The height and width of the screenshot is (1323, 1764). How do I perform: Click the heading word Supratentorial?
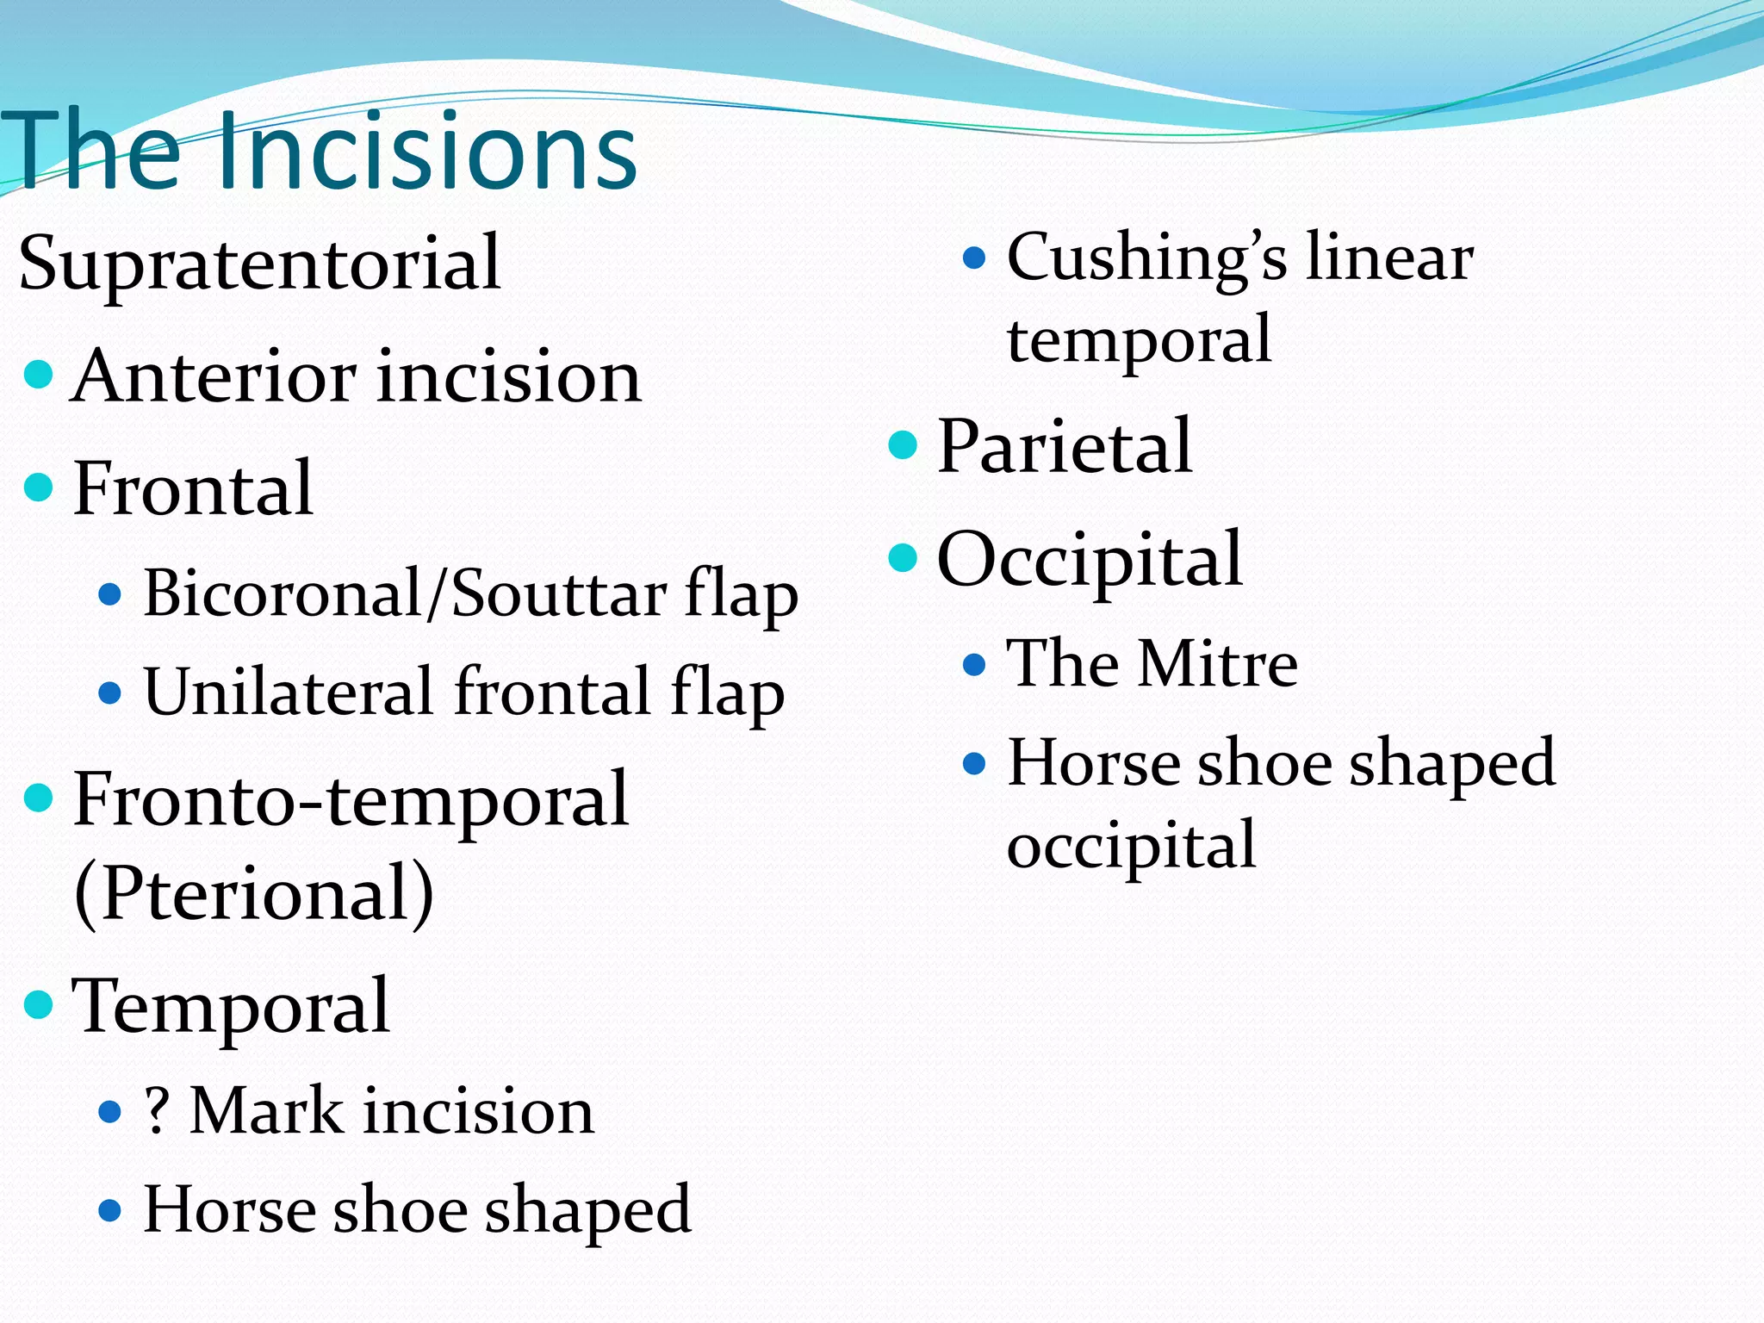[258, 263]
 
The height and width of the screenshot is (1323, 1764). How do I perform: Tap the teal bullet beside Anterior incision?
[39, 375]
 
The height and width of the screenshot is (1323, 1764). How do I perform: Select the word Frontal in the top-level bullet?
[192, 488]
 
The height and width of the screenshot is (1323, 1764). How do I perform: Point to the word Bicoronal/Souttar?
[405, 594]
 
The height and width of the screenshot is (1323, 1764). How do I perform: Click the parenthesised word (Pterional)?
[254, 893]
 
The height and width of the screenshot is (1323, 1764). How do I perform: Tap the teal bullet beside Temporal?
[39, 1004]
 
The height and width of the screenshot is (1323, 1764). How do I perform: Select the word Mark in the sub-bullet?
[266, 1111]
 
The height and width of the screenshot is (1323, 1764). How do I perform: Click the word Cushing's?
[1146, 258]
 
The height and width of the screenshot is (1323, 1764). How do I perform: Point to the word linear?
[1388, 258]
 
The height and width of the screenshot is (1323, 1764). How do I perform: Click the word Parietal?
[1064, 446]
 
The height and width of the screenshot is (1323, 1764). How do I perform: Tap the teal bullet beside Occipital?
[902, 557]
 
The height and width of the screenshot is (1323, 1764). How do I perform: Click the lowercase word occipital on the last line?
[1131, 846]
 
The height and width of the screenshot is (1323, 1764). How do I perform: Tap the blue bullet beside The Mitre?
[973, 664]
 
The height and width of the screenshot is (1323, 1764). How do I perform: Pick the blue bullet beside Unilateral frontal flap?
[109, 693]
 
